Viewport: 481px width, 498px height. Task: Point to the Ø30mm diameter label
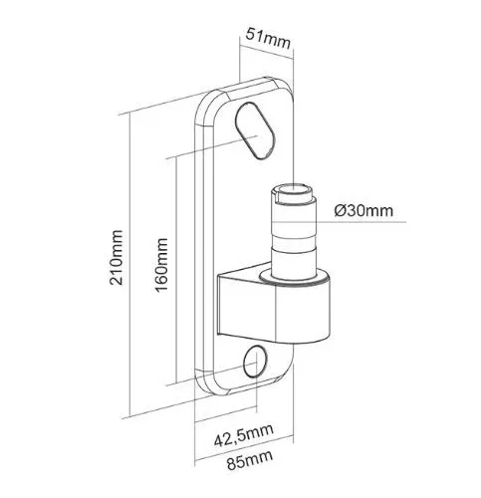click(x=363, y=210)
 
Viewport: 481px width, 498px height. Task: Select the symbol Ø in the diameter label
click(x=341, y=210)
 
